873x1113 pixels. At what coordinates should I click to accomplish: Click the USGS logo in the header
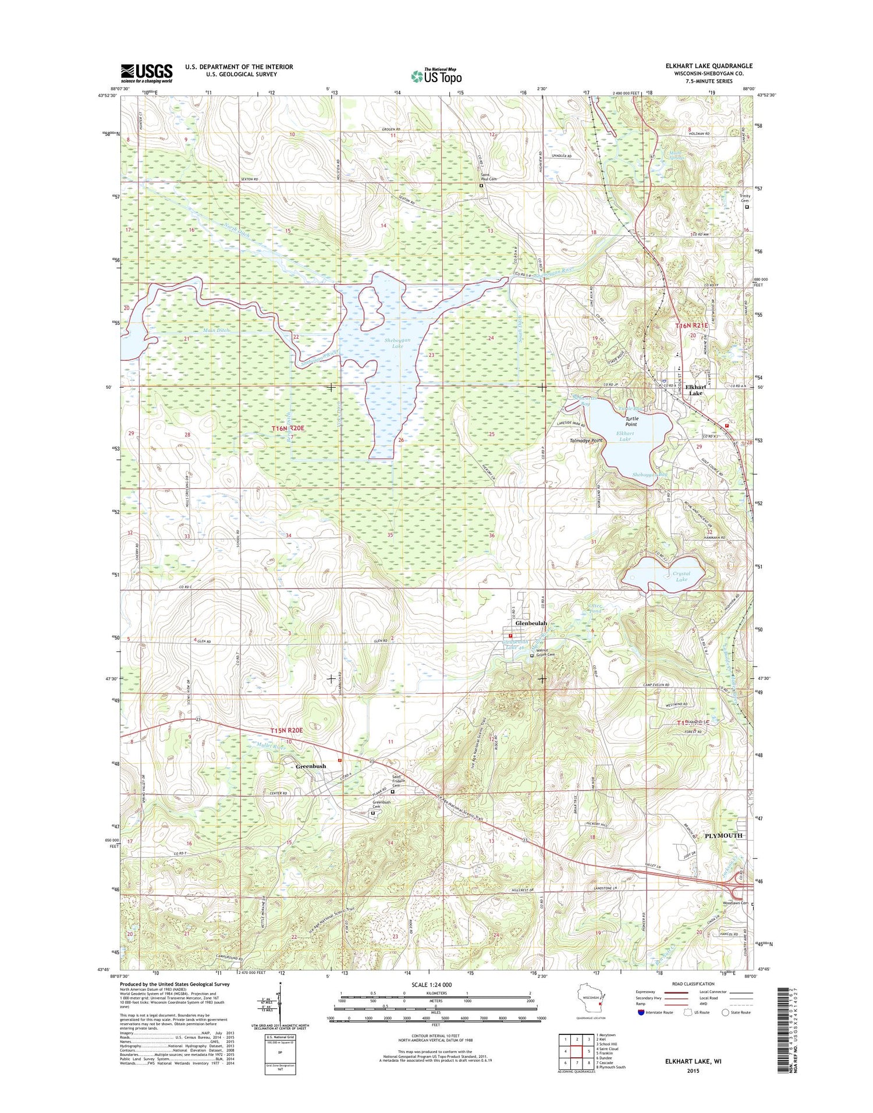147,73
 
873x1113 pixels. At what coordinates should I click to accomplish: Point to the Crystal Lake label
681,576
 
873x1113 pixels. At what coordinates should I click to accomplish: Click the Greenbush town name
311,767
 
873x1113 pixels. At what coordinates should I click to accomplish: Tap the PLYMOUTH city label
723,835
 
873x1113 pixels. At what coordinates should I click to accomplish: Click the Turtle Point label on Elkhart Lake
631,421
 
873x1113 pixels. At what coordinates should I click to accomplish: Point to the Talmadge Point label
585,441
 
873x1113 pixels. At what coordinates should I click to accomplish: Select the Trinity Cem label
744,199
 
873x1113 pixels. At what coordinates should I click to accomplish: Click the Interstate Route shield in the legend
641,1012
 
